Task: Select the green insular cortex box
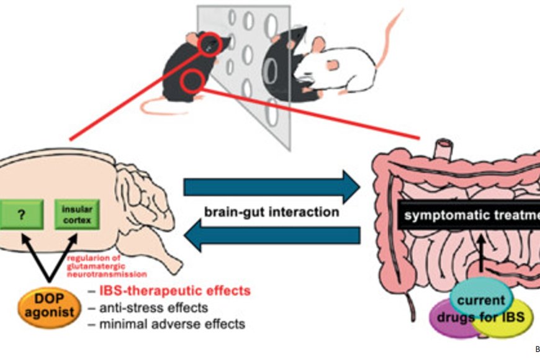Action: [x=78, y=215]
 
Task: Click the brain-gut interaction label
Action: [x=271, y=212]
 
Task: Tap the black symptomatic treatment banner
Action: [x=469, y=215]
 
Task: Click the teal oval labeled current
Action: [x=482, y=300]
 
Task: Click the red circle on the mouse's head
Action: [x=210, y=43]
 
